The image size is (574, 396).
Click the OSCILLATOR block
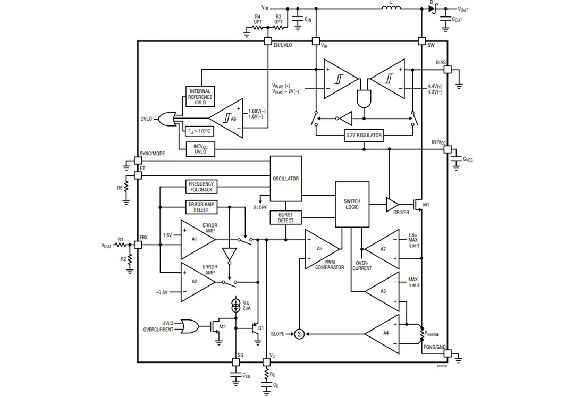point(285,179)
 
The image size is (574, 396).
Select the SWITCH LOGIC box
point(352,204)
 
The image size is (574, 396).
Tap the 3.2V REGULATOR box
point(364,136)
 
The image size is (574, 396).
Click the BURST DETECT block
point(285,218)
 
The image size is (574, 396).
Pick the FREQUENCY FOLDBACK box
point(201,187)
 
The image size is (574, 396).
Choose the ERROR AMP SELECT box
point(201,207)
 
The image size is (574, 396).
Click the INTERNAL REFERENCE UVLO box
point(200,97)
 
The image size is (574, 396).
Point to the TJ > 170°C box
point(200,131)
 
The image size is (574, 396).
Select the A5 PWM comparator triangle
point(322,249)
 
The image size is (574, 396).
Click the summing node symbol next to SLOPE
point(299,334)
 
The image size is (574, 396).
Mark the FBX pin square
point(138,245)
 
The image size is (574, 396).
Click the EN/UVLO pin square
point(268,41)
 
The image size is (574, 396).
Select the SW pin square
point(421,41)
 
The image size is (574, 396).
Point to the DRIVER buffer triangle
point(392,205)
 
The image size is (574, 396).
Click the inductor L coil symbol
point(391,7)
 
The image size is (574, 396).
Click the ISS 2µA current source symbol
point(237,305)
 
